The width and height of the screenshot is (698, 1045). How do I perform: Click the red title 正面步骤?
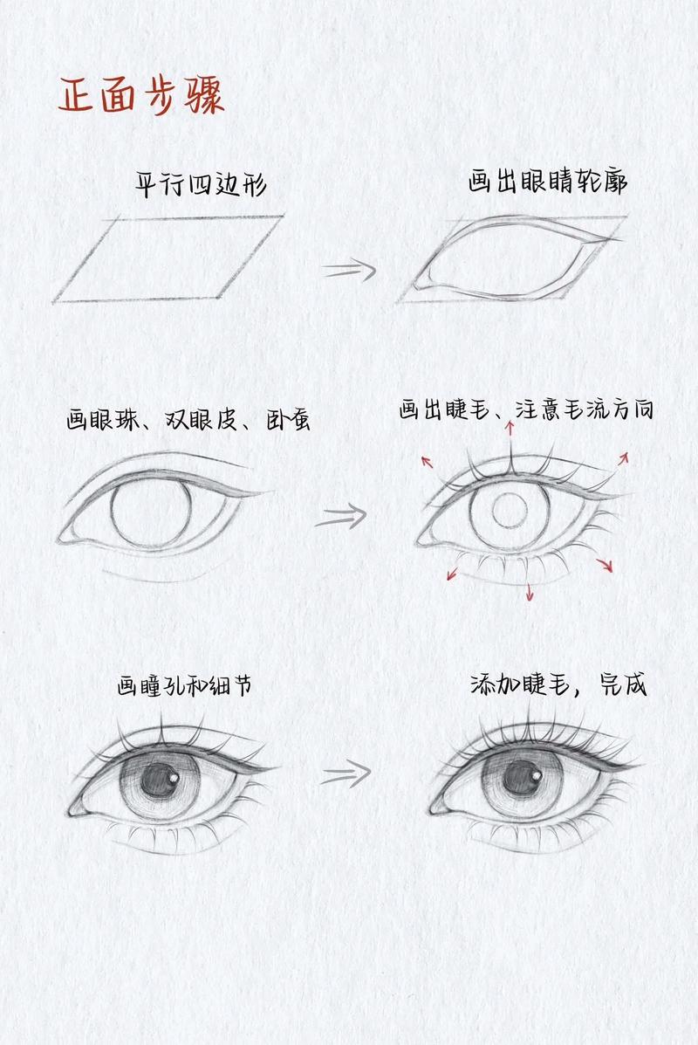tap(141, 95)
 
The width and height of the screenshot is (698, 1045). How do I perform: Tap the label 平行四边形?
tap(201, 185)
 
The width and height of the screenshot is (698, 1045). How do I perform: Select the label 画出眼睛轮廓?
tap(548, 182)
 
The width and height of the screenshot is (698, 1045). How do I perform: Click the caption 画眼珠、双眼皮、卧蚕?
tap(188, 422)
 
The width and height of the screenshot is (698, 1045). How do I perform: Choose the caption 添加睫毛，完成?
tap(558, 685)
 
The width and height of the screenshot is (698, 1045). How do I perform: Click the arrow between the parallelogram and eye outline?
tap(350, 271)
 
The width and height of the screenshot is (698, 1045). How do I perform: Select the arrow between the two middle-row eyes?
tap(340, 517)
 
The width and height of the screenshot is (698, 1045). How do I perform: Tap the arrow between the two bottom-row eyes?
tap(346, 772)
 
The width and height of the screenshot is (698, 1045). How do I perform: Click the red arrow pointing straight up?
tap(509, 427)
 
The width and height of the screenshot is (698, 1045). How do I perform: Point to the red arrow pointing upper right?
tap(624, 457)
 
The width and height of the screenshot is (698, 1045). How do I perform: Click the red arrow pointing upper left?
tap(428, 460)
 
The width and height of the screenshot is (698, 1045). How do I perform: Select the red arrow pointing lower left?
tap(451, 574)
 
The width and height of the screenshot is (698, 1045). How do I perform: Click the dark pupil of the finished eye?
tap(523, 775)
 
